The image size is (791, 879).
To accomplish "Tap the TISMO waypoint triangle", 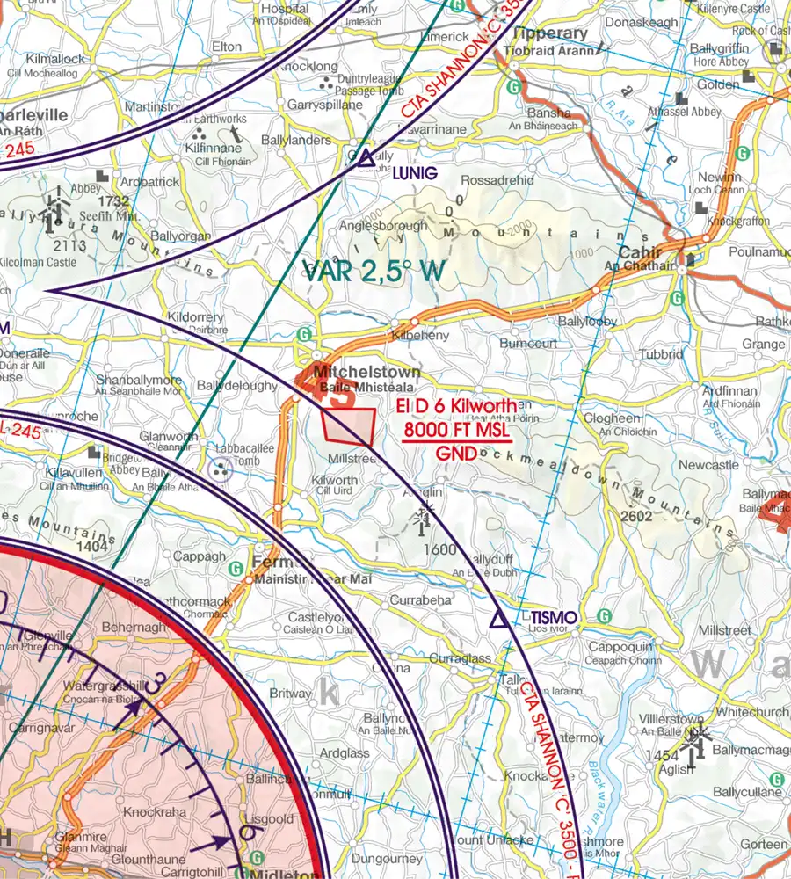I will (498, 621).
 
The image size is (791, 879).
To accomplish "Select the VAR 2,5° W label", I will (373, 272).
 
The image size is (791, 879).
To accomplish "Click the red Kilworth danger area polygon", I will (349, 425).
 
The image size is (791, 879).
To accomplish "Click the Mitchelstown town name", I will (366, 373).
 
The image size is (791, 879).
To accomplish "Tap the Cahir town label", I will (645, 249).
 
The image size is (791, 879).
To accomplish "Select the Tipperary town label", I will (552, 33).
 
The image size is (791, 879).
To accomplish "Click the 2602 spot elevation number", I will (636, 516).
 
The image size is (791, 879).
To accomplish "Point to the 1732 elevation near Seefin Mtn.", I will (114, 201).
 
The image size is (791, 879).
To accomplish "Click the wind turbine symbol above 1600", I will (422, 519).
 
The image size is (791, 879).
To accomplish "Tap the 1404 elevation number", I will (91, 547).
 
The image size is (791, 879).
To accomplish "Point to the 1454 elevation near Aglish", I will (660, 756).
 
